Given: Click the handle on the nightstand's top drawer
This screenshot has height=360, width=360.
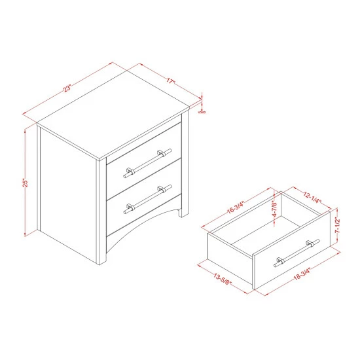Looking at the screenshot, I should point(144,163).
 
